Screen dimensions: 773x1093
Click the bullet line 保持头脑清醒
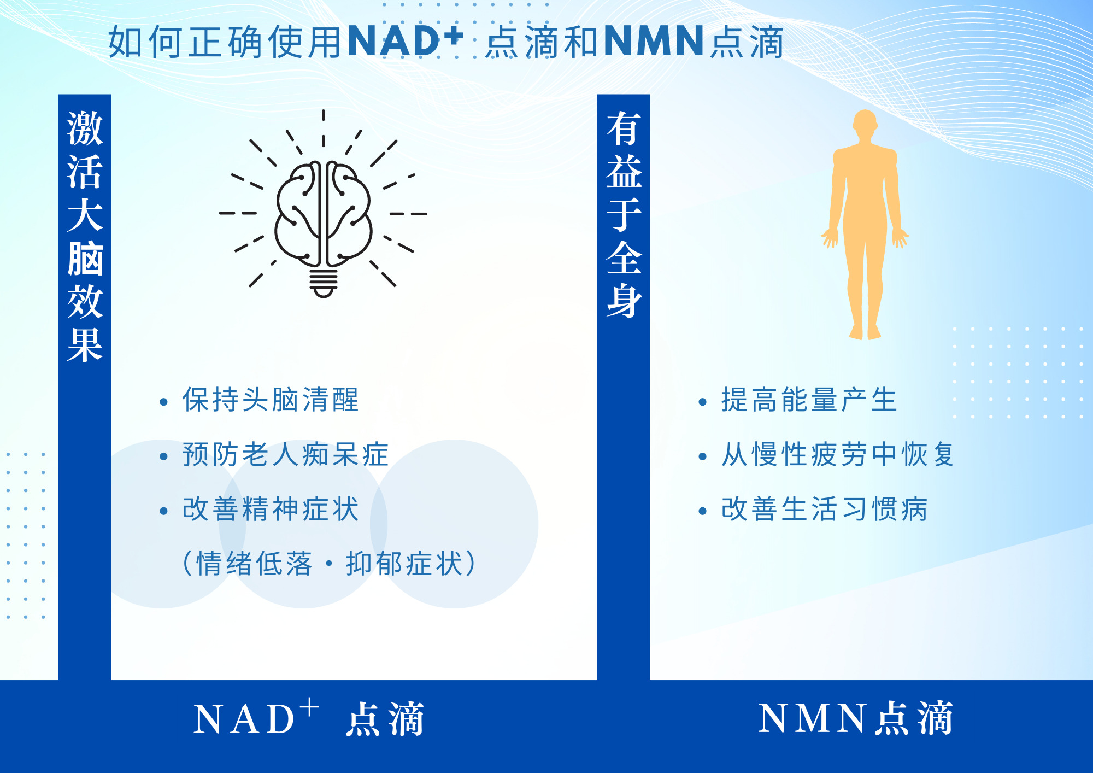click(x=271, y=400)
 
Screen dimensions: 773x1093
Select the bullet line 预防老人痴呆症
click(x=285, y=454)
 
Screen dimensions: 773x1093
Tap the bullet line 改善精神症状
click(x=271, y=509)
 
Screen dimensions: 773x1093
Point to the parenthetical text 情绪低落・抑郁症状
click(x=330, y=564)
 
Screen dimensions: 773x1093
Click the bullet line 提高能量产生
click(x=809, y=400)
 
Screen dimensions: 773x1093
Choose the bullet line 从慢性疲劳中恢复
click(x=837, y=454)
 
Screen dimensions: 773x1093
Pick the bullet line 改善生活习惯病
click(x=824, y=509)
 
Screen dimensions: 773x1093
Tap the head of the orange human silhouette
click(x=865, y=123)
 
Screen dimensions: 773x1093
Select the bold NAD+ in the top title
click(x=405, y=41)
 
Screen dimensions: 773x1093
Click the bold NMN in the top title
click(x=654, y=41)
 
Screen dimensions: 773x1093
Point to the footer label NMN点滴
click(x=855, y=718)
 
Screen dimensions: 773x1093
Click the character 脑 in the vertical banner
click(x=85, y=258)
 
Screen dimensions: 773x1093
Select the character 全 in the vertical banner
click(x=624, y=257)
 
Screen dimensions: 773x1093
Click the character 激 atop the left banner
click(x=85, y=128)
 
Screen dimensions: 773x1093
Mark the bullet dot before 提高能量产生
click(x=703, y=402)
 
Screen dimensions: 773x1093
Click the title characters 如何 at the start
click(x=146, y=42)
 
